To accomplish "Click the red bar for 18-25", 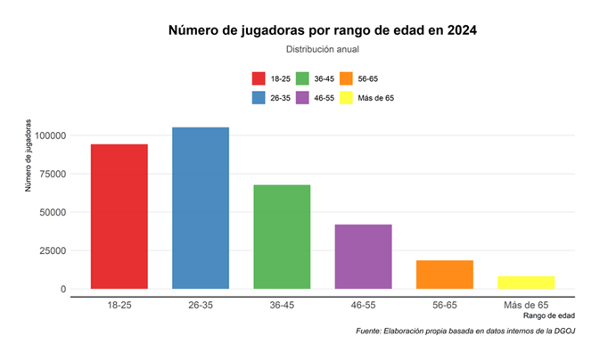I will pyautogui.click(x=119, y=217).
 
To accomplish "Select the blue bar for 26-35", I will pyautogui.click(x=201, y=209).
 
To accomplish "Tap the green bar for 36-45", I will pyautogui.click(x=282, y=237).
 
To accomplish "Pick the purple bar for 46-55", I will pyautogui.click(x=363, y=257).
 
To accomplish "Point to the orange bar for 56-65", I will pyautogui.click(x=445, y=274).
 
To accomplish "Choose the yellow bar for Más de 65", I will pyautogui.click(x=526, y=282).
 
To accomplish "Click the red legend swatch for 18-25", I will pyautogui.click(x=259, y=78).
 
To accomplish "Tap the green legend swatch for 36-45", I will pyautogui.click(x=302, y=78).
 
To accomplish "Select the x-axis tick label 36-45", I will pyautogui.click(x=282, y=304).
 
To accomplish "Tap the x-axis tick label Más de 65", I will pyautogui.click(x=526, y=304).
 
